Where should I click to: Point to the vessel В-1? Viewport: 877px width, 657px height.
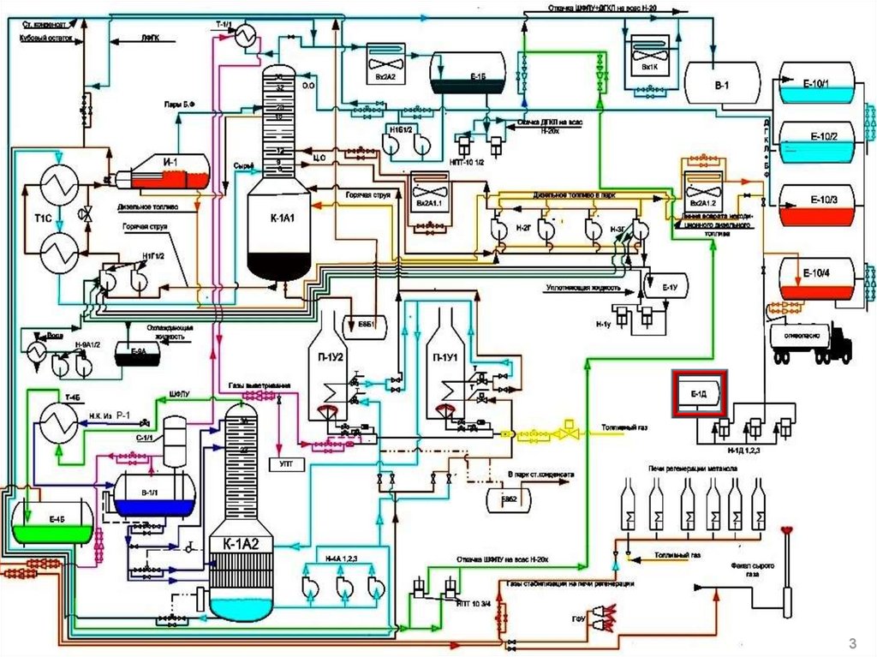point(723,84)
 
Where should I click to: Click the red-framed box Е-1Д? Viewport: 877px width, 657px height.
point(699,392)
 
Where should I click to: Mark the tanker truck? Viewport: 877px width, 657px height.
point(809,343)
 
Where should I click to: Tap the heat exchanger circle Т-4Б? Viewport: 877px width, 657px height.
point(58,421)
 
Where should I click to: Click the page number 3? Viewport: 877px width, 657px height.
point(851,643)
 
